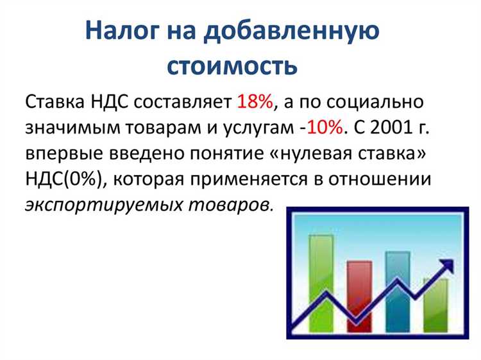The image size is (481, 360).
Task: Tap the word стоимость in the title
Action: click(233, 65)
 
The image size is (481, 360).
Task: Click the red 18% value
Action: click(255, 102)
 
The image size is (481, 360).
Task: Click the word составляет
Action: click(184, 102)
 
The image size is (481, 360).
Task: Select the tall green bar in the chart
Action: click(321, 282)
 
